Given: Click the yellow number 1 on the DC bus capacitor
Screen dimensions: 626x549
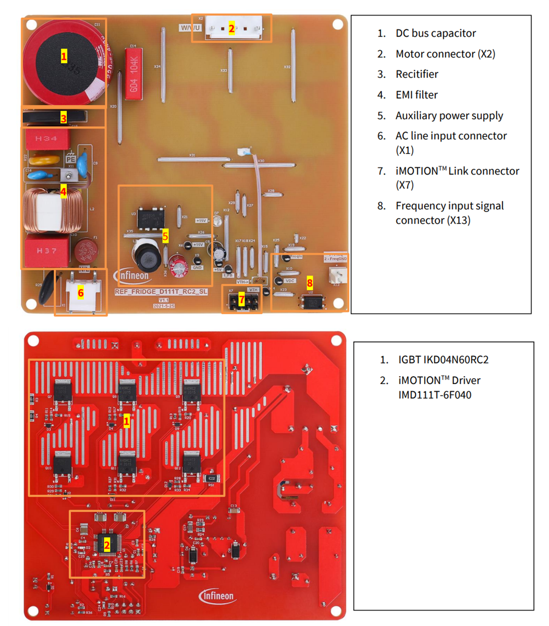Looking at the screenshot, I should pyautogui.click(x=64, y=56).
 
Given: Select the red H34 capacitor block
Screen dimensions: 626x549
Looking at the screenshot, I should pyautogui.click(x=46, y=139).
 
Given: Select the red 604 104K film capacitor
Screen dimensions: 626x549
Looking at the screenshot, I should pyautogui.click(x=133, y=70).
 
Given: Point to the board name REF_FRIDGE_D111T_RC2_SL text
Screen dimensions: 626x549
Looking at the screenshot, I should pyautogui.click(x=161, y=292).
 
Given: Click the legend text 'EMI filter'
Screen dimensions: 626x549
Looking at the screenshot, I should pyautogui.click(x=416, y=95).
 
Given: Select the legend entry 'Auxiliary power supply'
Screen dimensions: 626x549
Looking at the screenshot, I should pyautogui.click(x=449, y=116).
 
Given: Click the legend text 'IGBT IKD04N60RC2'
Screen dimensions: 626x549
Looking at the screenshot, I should pyautogui.click(x=443, y=360).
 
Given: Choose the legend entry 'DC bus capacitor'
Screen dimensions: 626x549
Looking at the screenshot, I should pyautogui.click(x=435, y=33).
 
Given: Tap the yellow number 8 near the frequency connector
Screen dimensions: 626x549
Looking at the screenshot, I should pyautogui.click(x=310, y=283).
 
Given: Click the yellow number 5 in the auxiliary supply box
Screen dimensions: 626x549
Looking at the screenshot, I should pyautogui.click(x=165, y=236).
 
